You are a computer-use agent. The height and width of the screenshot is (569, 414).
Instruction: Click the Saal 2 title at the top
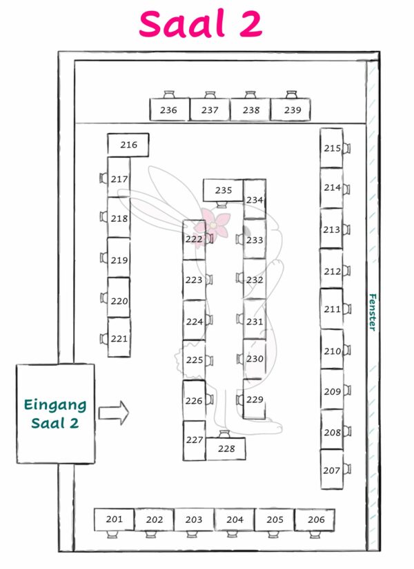click(200, 25)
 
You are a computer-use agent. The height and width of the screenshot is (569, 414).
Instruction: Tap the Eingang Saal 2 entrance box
click(55, 413)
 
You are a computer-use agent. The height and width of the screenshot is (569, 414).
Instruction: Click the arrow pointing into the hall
click(114, 413)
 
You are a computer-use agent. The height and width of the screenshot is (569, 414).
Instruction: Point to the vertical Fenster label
click(372, 313)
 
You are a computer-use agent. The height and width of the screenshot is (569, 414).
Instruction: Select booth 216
click(128, 145)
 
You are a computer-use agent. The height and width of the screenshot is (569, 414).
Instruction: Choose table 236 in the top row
click(169, 110)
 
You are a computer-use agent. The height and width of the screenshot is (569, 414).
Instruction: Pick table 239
click(290, 110)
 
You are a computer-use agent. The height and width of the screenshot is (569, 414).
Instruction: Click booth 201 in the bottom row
click(114, 519)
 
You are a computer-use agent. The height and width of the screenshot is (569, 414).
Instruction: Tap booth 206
click(315, 519)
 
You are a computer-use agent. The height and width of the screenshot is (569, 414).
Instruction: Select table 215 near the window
click(332, 148)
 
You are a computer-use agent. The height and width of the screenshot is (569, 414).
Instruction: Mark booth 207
click(332, 470)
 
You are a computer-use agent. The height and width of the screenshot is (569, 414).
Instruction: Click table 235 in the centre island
click(223, 190)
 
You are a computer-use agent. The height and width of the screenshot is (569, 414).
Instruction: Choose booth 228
click(225, 448)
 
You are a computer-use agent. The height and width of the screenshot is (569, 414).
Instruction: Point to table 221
click(119, 338)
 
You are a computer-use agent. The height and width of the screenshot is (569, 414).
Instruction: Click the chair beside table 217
click(103, 179)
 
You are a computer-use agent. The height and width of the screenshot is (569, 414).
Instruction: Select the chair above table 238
click(250, 94)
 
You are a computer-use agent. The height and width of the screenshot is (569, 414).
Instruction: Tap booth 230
click(255, 359)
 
